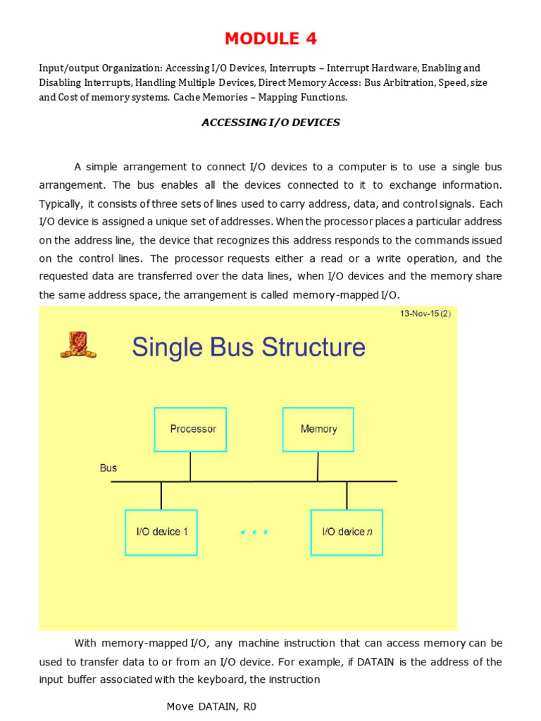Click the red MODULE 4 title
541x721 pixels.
[270, 38]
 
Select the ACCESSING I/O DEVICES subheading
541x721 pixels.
[270, 123]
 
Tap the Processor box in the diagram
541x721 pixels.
[190, 429]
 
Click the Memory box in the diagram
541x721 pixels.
[318, 429]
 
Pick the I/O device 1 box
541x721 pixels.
[161, 532]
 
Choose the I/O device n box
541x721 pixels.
[347, 532]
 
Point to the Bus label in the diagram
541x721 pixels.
[108, 468]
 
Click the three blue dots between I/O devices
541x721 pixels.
[254, 533]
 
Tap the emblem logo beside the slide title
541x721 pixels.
[77, 345]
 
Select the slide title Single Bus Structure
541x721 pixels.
[249, 347]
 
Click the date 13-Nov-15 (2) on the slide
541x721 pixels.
[425, 314]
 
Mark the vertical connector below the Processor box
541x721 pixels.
[190, 466]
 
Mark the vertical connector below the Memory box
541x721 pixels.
[318, 466]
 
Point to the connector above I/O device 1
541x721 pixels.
[161, 496]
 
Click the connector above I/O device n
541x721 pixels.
[347, 496]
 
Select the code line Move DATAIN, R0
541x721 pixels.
[211, 706]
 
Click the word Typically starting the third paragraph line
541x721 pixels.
[61, 203]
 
